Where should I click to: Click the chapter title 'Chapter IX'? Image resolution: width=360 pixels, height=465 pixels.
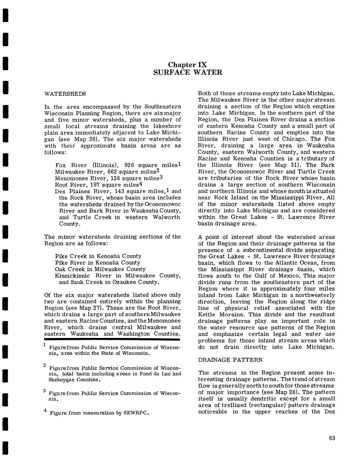click(187, 65)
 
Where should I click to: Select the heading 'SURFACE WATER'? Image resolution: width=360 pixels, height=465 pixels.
click(187, 72)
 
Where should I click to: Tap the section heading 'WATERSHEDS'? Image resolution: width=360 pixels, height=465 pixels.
click(65, 94)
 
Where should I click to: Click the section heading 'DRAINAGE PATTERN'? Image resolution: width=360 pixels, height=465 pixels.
click(230, 360)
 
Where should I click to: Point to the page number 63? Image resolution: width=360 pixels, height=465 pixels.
click(332, 438)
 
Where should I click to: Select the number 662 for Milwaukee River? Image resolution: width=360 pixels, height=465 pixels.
click(110, 172)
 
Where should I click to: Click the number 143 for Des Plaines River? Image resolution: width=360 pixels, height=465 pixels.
click(120, 191)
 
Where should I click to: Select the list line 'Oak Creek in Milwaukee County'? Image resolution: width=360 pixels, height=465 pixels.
click(100, 269)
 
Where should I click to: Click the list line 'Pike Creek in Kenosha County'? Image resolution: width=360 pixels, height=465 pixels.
click(98, 256)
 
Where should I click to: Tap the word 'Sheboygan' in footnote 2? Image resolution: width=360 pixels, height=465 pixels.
click(61, 380)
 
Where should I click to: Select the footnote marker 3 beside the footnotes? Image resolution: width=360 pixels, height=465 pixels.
click(44, 391)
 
